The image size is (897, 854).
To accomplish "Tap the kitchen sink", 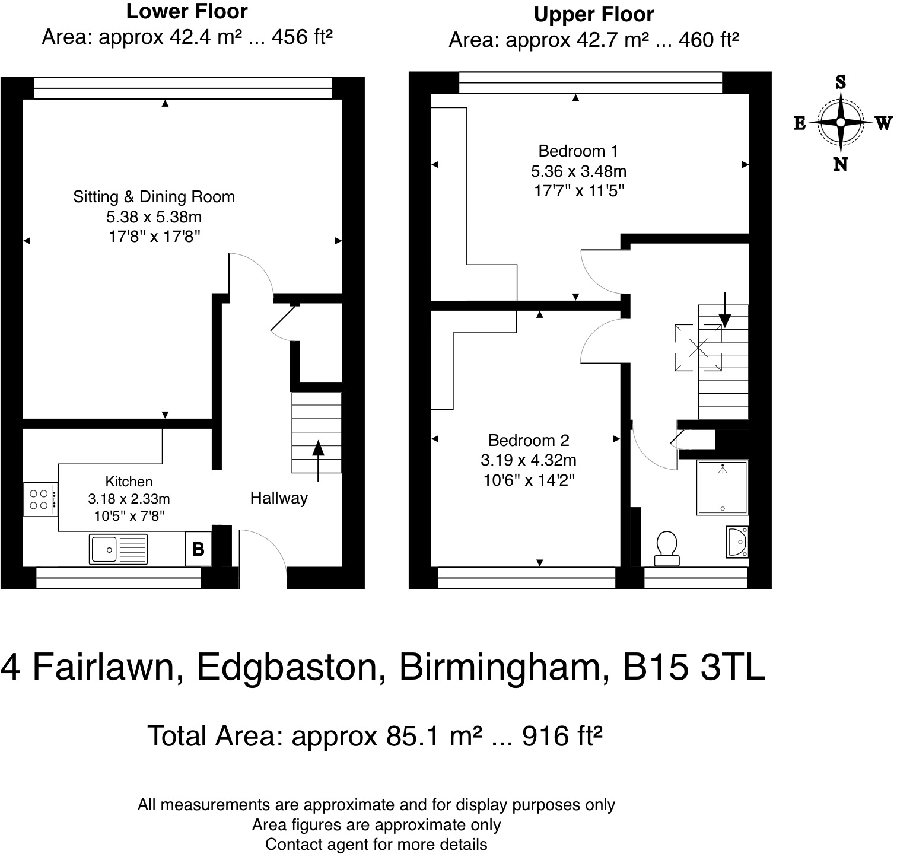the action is [x=119, y=549].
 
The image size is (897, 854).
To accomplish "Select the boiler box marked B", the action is [x=198, y=549].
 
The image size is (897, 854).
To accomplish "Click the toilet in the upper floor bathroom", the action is [x=667, y=548].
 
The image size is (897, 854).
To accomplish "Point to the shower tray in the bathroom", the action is [x=723, y=487].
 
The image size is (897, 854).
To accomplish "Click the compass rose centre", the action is [x=841, y=123].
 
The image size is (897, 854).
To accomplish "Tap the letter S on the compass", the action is [x=841, y=82].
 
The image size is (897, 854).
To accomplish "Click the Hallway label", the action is [x=279, y=498].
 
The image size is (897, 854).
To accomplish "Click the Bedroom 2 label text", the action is [x=529, y=440].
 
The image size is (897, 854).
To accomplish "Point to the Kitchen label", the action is [x=129, y=482].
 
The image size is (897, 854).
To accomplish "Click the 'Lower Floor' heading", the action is [x=187, y=11].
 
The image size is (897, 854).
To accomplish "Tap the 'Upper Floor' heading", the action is [x=594, y=14].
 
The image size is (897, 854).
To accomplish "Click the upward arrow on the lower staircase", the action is [x=319, y=460].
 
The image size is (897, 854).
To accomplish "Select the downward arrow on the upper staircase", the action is [x=724, y=310].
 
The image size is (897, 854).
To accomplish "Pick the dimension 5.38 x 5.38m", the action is [x=154, y=217].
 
